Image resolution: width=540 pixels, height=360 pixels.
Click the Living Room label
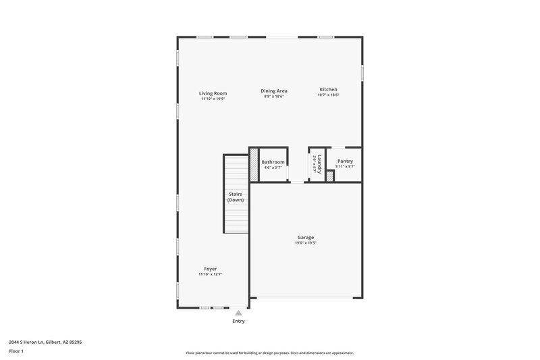[x=213, y=93]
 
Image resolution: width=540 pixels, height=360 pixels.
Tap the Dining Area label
[x=275, y=91]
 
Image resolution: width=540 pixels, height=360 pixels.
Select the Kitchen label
[x=328, y=90]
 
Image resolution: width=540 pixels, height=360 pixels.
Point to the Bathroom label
[x=273, y=162]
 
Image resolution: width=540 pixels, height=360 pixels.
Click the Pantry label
[x=345, y=161]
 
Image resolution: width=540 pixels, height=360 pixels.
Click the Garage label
[x=306, y=237]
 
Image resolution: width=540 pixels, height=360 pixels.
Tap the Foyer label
[x=211, y=269]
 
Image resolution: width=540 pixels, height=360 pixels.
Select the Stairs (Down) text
[x=236, y=197]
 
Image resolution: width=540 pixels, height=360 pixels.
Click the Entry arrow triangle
[x=238, y=313]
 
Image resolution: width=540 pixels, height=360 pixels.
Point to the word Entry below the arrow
[x=238, y=321]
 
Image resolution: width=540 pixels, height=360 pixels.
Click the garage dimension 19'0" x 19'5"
[x=306, y=242]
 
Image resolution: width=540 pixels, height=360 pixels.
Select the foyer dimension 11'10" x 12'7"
[x=211, y=274]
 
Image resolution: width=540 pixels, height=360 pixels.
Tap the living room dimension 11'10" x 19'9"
[x=213, y=99]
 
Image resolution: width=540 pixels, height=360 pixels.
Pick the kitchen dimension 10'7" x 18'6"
[x=328, y=95]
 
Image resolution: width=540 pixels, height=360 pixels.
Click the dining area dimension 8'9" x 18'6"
[x=274, y=96]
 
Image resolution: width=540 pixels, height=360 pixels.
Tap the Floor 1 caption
[x=17, y=351]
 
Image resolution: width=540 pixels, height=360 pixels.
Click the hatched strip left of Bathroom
[x=254, y=165]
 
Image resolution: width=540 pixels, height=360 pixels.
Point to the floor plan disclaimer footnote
[x=270, y=353]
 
